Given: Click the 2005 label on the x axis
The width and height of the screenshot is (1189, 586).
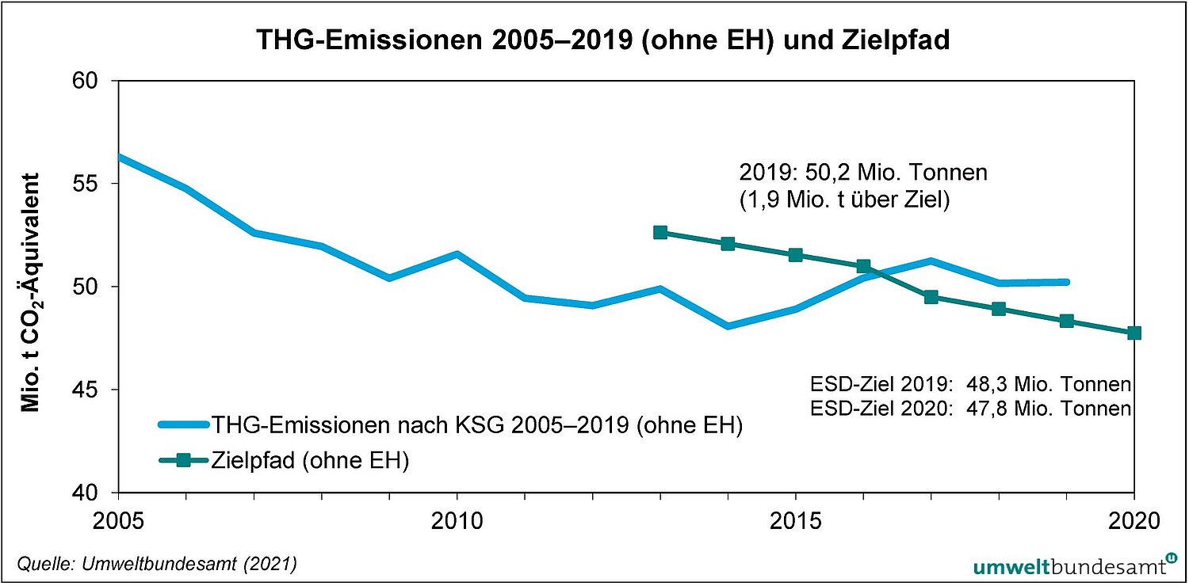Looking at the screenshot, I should (118, 521).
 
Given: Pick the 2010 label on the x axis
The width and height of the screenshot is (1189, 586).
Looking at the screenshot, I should (457, 521).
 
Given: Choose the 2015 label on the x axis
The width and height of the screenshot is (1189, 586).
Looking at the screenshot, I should (796, 521).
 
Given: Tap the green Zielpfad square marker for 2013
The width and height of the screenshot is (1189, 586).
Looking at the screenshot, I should (660, 232).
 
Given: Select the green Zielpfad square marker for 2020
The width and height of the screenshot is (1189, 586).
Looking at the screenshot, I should (1134, 333).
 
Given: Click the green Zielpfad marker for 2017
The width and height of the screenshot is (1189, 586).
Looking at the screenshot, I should (931, 297).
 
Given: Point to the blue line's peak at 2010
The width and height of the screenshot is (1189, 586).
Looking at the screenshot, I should (457, 254).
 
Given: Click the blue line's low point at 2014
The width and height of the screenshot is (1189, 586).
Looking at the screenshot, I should (728, 325).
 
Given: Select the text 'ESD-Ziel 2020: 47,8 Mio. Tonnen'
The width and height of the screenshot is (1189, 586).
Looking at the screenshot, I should (971, 409).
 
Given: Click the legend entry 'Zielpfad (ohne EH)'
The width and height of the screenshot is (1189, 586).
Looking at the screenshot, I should (310, 461).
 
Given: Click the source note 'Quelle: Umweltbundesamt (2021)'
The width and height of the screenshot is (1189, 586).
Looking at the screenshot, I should (157, 564).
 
